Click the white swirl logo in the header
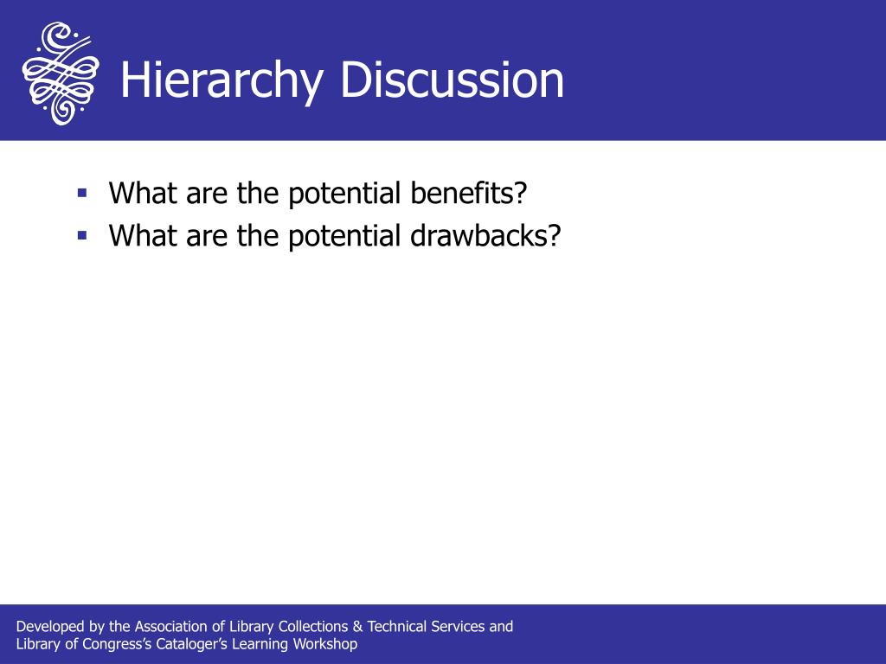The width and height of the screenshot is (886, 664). pos(61,73)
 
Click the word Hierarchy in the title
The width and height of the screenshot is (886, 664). pos(222,80)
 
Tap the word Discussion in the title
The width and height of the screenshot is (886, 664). pos(452,80)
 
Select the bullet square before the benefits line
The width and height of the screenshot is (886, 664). pos(83,193)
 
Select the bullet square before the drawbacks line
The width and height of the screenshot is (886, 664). pos(83,235)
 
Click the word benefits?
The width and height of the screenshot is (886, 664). pos(469,193)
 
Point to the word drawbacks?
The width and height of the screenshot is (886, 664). pos(486,235)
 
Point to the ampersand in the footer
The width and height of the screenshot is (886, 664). pos(357,627)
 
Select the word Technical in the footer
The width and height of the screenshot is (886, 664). pos(396,626)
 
